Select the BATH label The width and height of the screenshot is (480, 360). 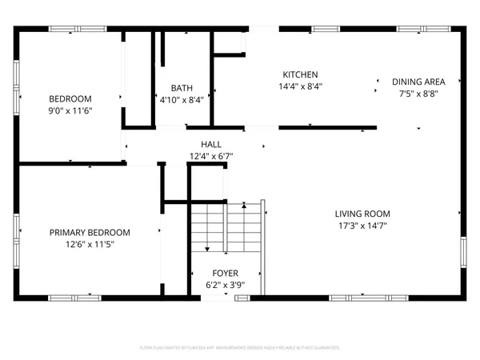coord(182,88)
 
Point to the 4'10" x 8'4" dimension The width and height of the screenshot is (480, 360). coord(182,100)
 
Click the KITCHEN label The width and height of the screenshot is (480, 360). coord(300,74)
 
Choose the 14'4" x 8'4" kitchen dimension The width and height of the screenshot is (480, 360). coord(300,86)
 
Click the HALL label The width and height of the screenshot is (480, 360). coord(211,144)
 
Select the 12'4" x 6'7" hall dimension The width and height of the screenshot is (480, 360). coord(211,156)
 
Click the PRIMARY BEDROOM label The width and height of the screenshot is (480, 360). coord(90,232)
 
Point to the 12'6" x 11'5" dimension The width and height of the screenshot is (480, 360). coord(90,244)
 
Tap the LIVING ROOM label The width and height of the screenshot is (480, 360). coord(362,214)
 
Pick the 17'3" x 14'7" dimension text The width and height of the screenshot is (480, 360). coord(362,226)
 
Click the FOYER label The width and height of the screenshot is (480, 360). coord(224,273)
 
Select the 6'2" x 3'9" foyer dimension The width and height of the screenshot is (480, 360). coord(224,285)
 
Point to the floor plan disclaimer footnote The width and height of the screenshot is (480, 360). coord(240,348)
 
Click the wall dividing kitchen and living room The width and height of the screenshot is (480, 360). coord(327,127)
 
